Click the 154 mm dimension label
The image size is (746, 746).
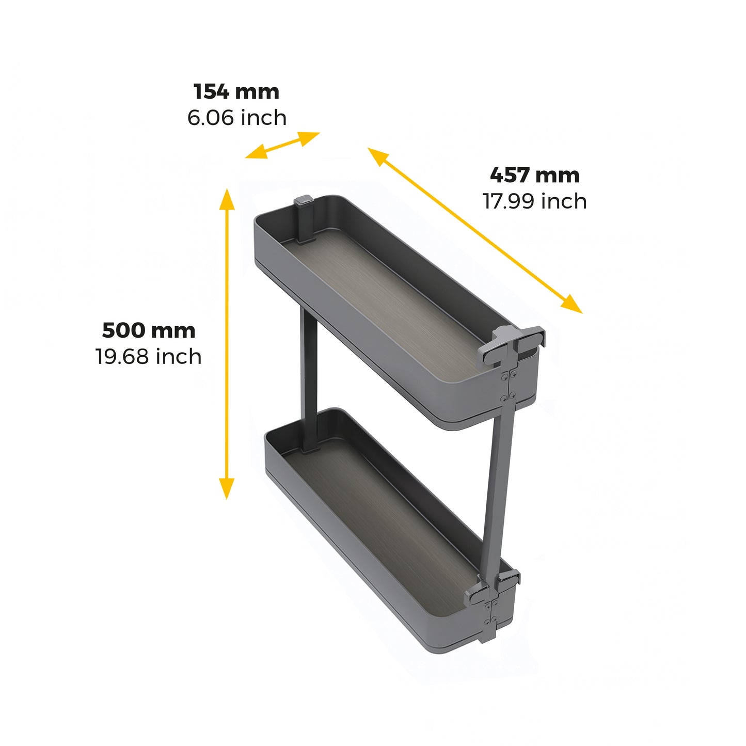click(236, 92)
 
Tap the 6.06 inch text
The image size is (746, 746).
click(236, 118)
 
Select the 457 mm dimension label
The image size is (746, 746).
click(534, 175)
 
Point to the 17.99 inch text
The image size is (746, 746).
click(534, 201)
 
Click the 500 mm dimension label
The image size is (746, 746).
click(149, 330)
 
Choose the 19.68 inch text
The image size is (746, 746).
click(149, 357)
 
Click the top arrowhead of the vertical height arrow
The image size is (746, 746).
click(227, 199)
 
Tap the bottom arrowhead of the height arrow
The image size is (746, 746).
click(227, 488)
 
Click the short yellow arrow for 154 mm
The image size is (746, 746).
click(282, 145)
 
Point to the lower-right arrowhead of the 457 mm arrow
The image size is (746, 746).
click(573, 305)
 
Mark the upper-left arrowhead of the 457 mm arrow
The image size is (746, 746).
click(377, 156)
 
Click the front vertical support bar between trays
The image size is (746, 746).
click(498, 490)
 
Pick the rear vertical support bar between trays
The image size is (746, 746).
click(309, 377)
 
